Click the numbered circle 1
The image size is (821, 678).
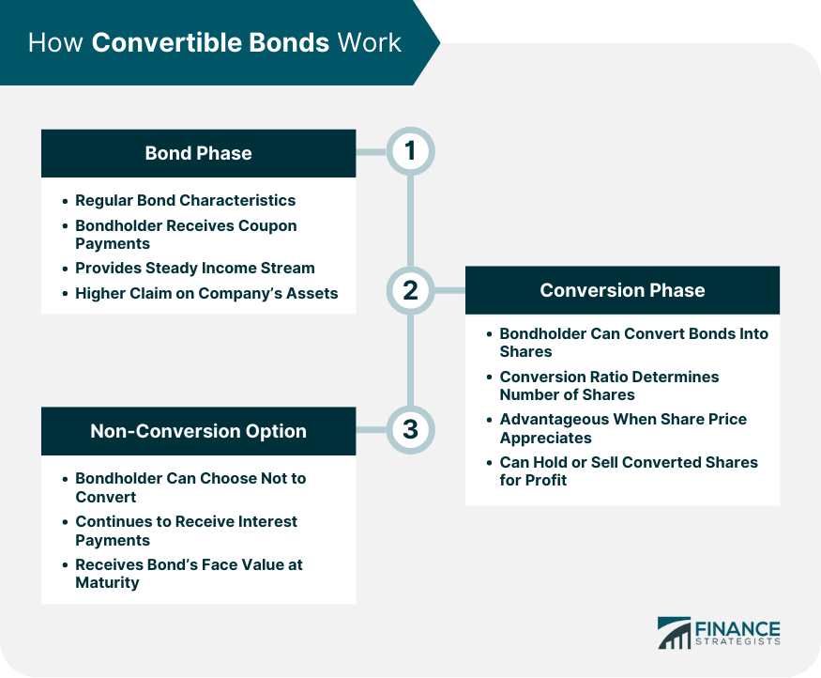click(x=409, y=152)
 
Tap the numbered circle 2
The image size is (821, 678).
click(x=409, y=290)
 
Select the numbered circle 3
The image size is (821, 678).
click(x=409, y=430)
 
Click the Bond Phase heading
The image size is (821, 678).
click(x=198, y=153)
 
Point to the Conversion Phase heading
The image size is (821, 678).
click(x=622, y=290)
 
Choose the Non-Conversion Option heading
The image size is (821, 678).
click(x=198, y=431)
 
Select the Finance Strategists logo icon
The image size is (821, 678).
click(x=674, y=632)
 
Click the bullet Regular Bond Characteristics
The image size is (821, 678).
click(x=185, y=200)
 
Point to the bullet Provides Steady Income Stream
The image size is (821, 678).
click(x=194, y=268)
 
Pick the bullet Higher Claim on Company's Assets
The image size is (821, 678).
click(x=206, y=293)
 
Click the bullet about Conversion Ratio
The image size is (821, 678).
click(x=609, y=385)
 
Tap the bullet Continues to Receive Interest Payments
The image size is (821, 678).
click(x=187, y=531)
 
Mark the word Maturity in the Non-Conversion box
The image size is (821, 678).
click(x=107, y=582)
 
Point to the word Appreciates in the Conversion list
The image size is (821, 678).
click(x=545, y=438)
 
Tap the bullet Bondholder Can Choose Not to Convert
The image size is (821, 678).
click(x=190, y=487)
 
